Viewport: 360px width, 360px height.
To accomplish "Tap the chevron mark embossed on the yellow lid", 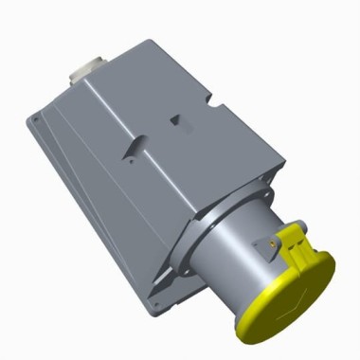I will click(x=301, y=301).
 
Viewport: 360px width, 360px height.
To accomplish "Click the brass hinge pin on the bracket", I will click(x=276, y=244).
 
